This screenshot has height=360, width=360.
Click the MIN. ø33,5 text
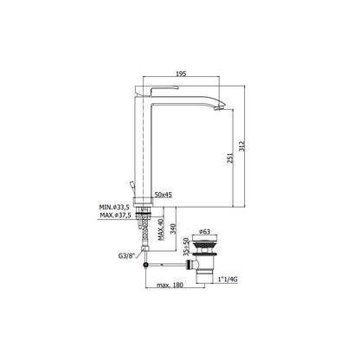(x=116, y=208)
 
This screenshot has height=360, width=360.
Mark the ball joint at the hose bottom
(x=151, y=257)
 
